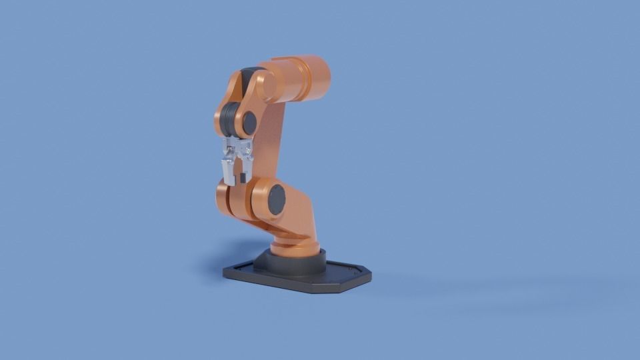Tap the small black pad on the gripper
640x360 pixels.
pos(242,178)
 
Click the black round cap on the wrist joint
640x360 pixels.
pos(249,123)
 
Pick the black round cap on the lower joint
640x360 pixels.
pos(277,199)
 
